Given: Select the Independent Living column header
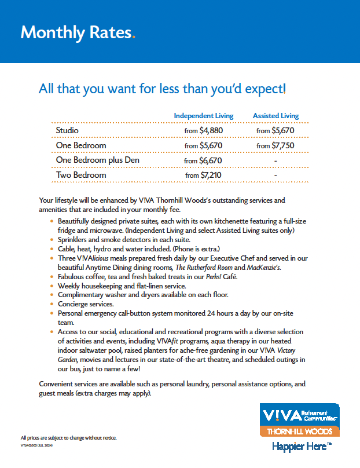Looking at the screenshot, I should (204, 116).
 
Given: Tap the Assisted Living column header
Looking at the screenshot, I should (275, 116).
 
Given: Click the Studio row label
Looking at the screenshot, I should (67, 131).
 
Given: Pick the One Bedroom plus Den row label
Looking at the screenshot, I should (97, 160).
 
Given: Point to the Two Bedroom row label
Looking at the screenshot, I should (81, 175).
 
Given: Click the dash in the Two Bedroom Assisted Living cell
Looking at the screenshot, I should (275, 175).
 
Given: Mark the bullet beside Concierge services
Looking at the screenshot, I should (53, 304).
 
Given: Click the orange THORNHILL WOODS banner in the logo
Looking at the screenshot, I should (299, 432).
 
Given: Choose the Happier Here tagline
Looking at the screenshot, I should (302, 447).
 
